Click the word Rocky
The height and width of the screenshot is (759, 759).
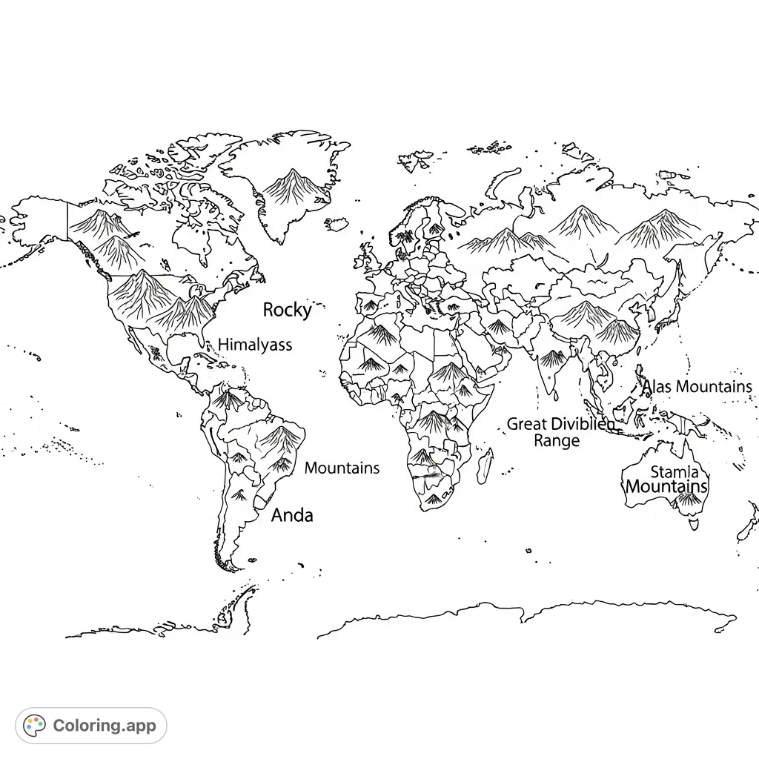click(288, 310)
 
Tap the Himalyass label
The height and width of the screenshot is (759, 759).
click(255, 345)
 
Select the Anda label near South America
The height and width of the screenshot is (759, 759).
click(292, 515)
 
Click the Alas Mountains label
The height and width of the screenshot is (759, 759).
click(697, 387)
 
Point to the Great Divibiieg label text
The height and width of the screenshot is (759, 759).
click(560, 424)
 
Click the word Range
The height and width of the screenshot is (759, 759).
click(557, 441)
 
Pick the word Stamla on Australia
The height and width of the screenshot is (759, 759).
click(674, 472)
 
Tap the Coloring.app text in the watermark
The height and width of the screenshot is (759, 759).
click(105, 726)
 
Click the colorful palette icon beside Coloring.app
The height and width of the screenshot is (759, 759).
click(35, 726)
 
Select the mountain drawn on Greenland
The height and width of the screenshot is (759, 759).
click(294, 185)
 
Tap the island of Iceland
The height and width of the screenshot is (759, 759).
click(337, 223)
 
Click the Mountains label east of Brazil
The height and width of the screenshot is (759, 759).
click(342, 468)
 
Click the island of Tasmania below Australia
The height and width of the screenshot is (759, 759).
click(694, 525)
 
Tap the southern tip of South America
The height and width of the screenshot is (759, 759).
click(232, 567)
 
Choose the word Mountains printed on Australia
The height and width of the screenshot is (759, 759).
click(666, 487)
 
